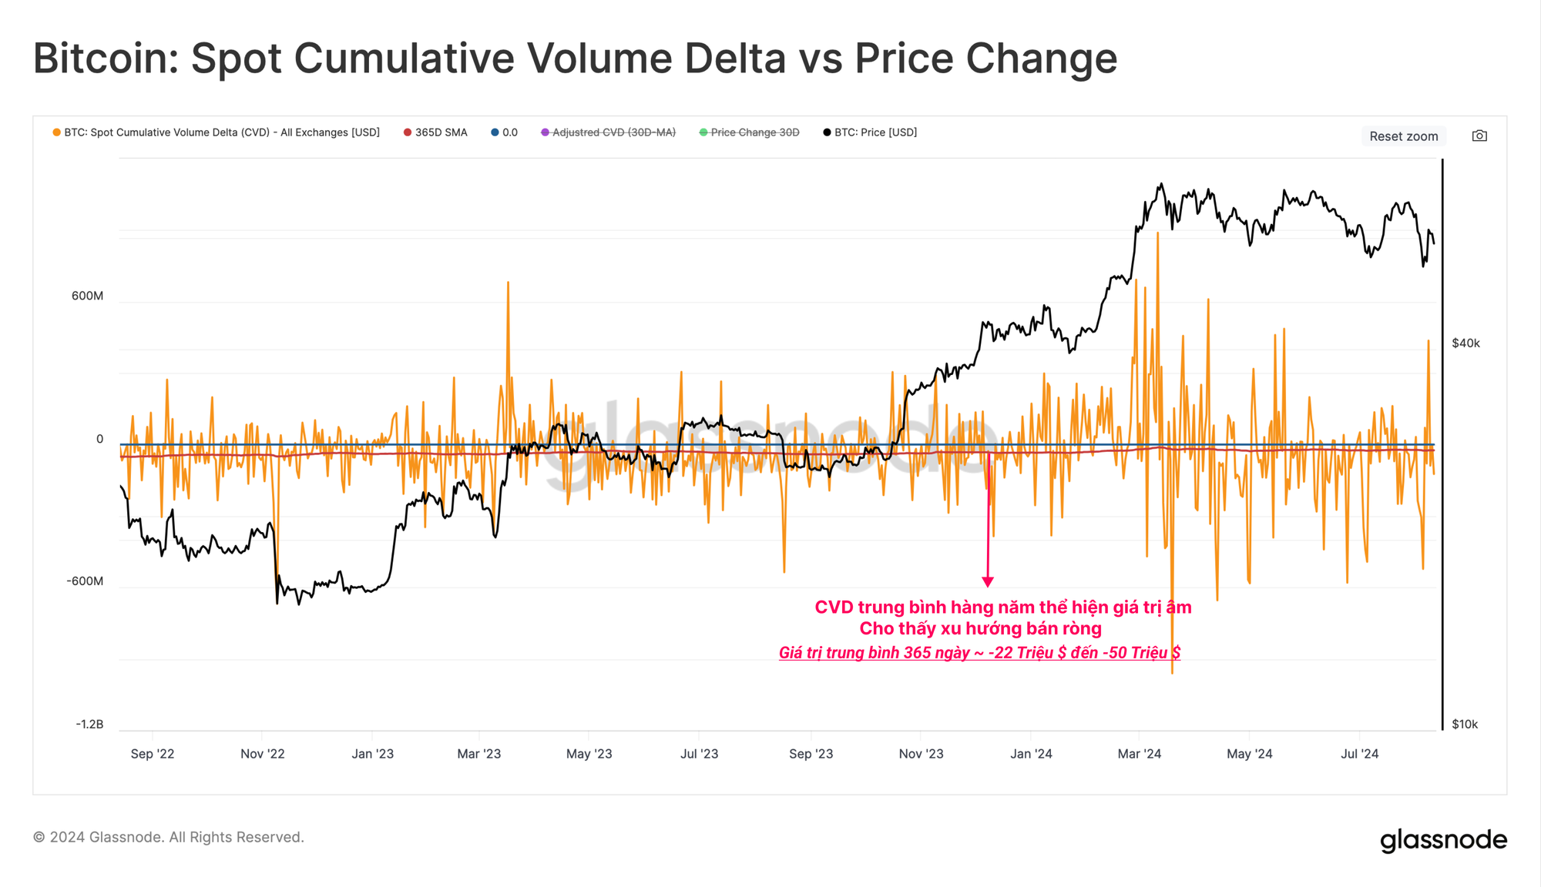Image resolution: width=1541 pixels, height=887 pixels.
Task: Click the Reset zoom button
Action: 1403,136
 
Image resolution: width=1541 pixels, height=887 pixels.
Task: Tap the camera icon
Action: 1479,136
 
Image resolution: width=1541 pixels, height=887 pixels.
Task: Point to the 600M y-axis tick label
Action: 87,296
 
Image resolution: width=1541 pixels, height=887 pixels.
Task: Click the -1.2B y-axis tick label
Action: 89,724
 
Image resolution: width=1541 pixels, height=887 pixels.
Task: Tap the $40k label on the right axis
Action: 1465,343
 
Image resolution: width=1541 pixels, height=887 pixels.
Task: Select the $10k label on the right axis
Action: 1465,724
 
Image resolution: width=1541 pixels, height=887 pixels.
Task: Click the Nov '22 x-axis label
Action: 262,754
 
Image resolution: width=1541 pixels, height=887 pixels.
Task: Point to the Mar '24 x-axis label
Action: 1139,754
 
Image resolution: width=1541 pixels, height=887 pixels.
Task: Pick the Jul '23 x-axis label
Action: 699,754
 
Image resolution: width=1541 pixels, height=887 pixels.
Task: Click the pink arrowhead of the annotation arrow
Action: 988,581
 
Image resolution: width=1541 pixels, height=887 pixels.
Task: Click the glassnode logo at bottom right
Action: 1443,839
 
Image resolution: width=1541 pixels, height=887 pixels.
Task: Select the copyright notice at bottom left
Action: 169,837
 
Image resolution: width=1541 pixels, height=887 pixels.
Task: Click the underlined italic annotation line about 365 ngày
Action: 979,653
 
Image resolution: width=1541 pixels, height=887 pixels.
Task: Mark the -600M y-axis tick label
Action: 85,581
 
